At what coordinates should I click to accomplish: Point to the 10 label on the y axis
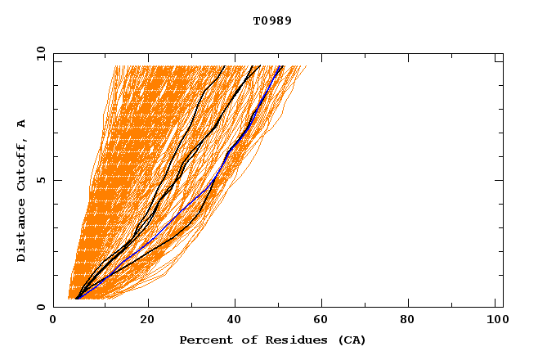pyautogui.click(x=40, y=55)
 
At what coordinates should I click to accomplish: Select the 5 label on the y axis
pyautogui.click(x=40, y=181)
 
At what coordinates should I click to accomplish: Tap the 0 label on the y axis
pyautogui.click(x=40, y=307)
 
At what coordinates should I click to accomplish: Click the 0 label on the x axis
pyautogui.click(x=53, y=321)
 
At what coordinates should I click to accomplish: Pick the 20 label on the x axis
pyautogui.click(x=147, y=321)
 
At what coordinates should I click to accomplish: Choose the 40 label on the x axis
pyautogui.click(x=235, y=321)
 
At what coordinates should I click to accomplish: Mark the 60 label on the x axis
pyautogui.click(x=324, y=321)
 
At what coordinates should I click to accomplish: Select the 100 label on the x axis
pyautogui.click(x=495, y=321)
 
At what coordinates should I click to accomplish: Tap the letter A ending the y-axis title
pyautogui.click(x=22, y=124)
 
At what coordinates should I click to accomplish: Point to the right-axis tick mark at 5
pyautogui.click(x=500, y=181)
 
